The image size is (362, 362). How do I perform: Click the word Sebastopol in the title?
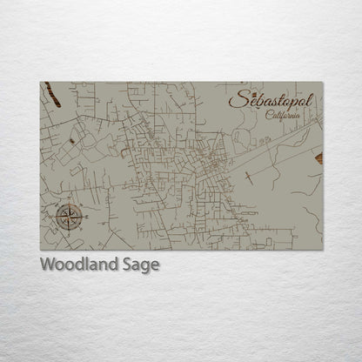tap(272, 100)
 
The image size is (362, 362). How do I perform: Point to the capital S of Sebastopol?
tap(235, 99)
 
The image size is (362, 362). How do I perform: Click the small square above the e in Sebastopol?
tap(247, 90)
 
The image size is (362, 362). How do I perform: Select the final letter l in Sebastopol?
tap(311, 98)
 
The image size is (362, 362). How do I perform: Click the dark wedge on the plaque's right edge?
tap(319, 158)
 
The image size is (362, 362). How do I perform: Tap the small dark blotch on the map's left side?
tap(69, 140)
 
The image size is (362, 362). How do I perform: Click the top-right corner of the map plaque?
tap(323, 83)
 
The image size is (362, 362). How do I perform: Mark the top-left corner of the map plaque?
tap(40, 83)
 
